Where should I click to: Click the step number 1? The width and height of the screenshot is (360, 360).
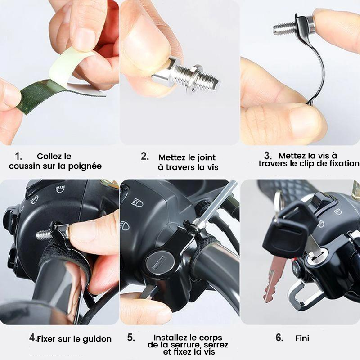(18, 156)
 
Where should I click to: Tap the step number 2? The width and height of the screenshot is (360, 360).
(144, 156)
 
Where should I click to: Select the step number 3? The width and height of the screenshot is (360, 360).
(268, 156)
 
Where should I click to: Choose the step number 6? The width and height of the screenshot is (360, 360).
(279, 337)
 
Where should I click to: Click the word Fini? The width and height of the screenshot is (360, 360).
(302, 338)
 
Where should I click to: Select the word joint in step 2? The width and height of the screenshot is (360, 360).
(206, 157)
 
